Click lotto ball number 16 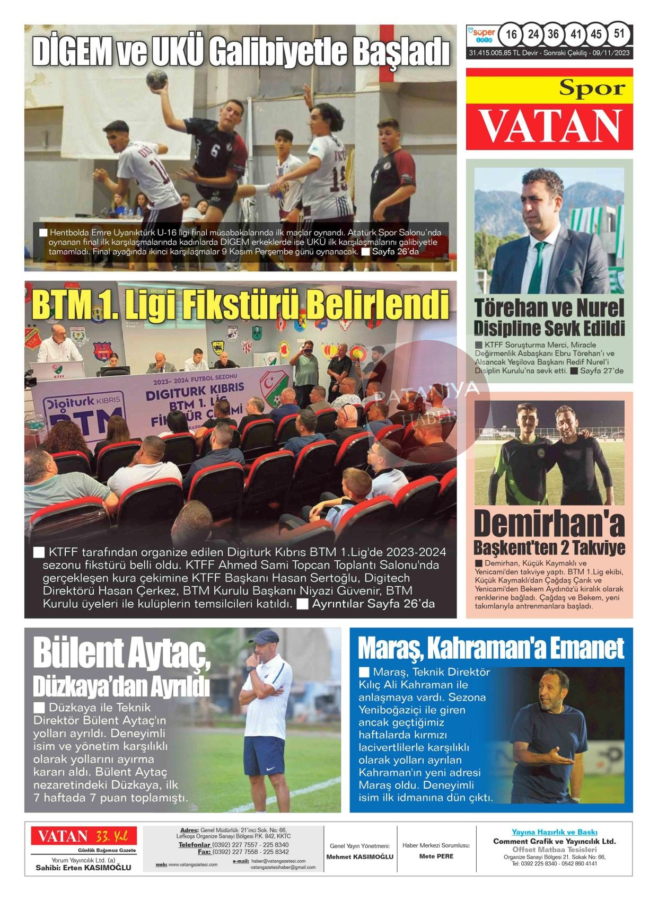coord(511,34)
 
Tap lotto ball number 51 coord(619,34)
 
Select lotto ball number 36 coord(553,34)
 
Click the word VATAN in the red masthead coord(550,126)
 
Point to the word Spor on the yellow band coord(592,89)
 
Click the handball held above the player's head coord(156,79)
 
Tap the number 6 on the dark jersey coord(215,151)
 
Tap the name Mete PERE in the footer coord(436,856)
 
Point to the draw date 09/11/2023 coord(611,53)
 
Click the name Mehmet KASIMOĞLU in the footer coord(359,856)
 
